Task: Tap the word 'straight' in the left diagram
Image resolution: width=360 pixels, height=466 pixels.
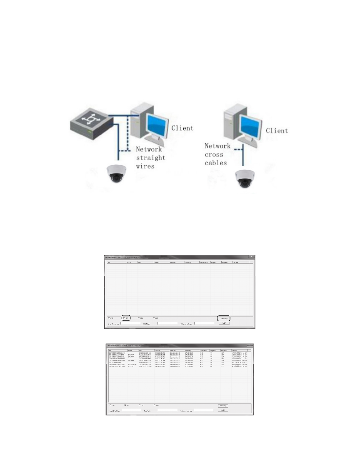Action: pyautogui.click(x=150, y=158)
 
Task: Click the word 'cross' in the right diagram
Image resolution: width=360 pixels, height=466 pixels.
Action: pyautogui.click(x=214, y=154)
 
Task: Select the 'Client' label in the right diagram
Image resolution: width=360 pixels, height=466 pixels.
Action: pyautogui.click(x=277, y=131)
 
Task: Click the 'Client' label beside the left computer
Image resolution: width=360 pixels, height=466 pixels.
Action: pyautogui.click(x=182, y=128)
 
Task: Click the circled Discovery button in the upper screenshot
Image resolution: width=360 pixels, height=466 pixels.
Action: pyautogui.click(x=224, y=318)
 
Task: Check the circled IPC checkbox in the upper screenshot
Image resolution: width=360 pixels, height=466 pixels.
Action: pyautogui.click(x=124, y=318)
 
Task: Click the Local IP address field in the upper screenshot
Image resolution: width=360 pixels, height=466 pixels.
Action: pyautogui.click(x=130, y=323)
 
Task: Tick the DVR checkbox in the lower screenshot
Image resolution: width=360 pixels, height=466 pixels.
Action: pyautogui.click(x=110, y=405)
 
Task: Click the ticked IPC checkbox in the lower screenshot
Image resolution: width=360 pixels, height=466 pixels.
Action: pyautogui.click(x=125, y=405)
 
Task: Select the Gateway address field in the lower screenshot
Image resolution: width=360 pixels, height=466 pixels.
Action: pyautogui.click(x=204, y=410)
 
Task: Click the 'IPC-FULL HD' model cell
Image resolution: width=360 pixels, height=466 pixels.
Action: pyautogui.click(x=132, y=364)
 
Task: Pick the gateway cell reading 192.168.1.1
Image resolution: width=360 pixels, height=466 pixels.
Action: pyautogui.click(x=189, y=363)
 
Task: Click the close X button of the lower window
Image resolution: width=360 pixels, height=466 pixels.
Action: pyautogui.click(x=250, y=345)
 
